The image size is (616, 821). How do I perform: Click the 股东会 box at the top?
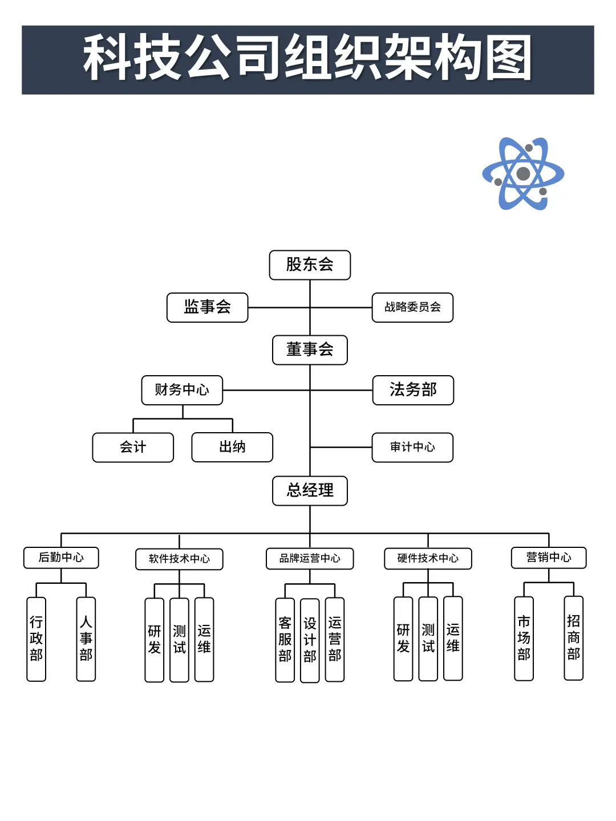310,265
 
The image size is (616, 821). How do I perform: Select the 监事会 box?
207,307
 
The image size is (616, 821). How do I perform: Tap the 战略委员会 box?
412,307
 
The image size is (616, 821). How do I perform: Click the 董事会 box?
310,349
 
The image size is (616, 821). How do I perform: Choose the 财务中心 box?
182,390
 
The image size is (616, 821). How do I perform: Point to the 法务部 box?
413,390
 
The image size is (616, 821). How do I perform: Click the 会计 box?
133,447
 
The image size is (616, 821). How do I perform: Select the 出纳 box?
232,447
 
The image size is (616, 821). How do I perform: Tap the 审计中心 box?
412,447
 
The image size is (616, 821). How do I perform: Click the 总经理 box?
310,490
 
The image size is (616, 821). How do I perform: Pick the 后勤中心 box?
61,558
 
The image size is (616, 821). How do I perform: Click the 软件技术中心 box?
179,559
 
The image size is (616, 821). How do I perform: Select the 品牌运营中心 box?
310,558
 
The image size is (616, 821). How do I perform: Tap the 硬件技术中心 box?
428,558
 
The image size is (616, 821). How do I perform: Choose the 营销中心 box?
549,558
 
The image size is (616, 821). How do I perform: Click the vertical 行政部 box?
37,639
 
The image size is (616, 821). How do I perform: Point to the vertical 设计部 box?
310,640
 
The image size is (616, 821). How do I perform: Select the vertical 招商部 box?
573,637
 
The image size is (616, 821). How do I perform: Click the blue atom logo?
523,173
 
